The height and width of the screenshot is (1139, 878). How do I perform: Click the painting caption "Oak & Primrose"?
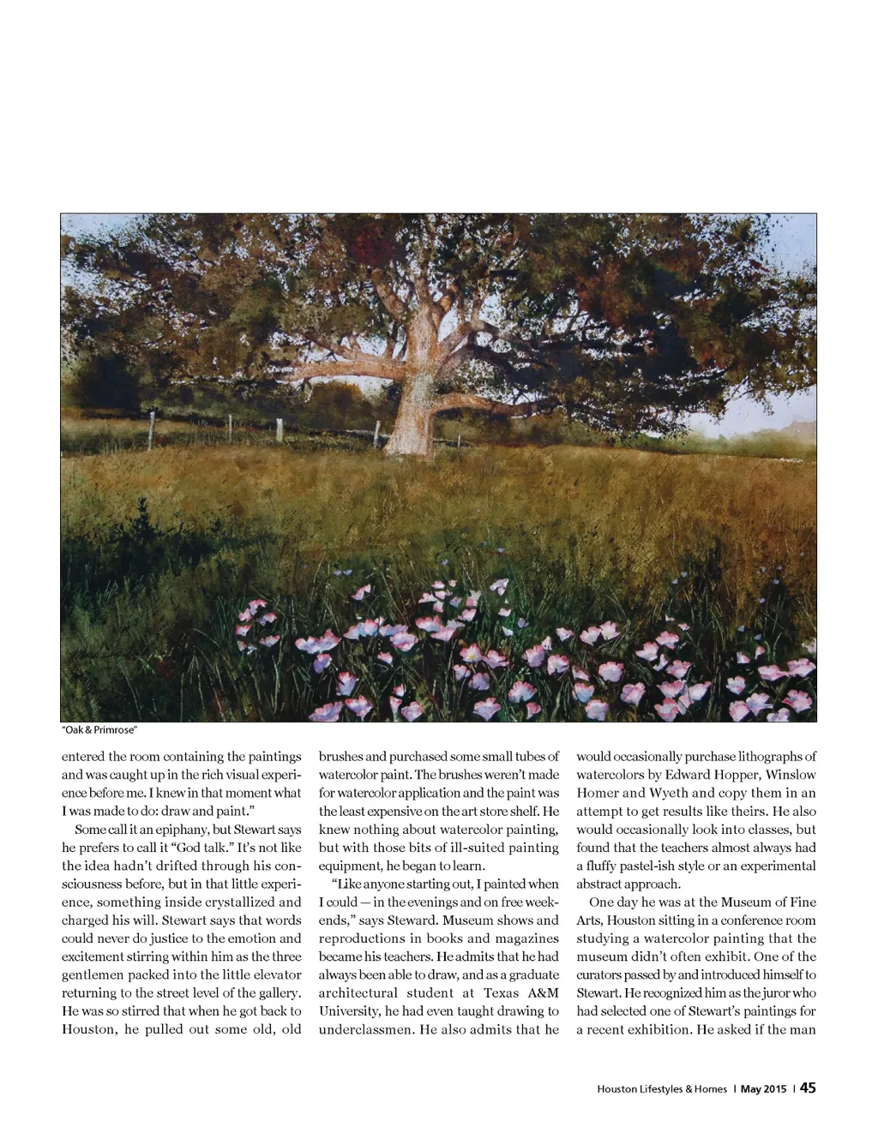coord(99,730)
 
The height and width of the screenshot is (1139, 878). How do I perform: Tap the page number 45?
coord(808,1088)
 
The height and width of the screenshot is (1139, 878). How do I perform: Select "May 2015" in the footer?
coord(763,1089)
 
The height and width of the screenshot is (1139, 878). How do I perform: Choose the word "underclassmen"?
coord(365,1029)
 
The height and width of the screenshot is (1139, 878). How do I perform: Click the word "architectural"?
coord(358,993)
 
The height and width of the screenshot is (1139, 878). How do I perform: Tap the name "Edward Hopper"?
coord(712,775)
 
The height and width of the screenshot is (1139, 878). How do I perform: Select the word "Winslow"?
coord(791,775)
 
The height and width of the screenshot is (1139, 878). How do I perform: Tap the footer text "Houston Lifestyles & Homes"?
coord(662,1089)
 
